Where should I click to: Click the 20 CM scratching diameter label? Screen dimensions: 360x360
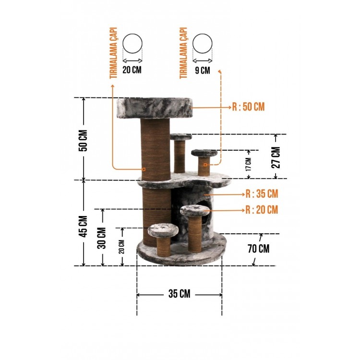click(x=132, y=70)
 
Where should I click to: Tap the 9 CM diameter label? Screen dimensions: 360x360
click(x=203, y=70)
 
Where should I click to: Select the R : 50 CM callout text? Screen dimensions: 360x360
click(x=249, y=107)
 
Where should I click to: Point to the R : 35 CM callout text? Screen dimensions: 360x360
click(x=262, y=194)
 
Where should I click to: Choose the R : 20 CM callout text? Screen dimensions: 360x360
click(x=262, y=210)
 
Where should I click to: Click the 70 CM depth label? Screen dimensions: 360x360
click(x=259, y=249)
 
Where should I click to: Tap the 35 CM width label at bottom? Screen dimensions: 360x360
click(x=180, y=294)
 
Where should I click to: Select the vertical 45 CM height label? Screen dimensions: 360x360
click(x=83, y=227)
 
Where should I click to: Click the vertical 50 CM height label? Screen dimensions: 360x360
click(x=83, y=141)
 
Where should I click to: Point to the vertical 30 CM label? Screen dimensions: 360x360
click(x=102, y=238)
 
